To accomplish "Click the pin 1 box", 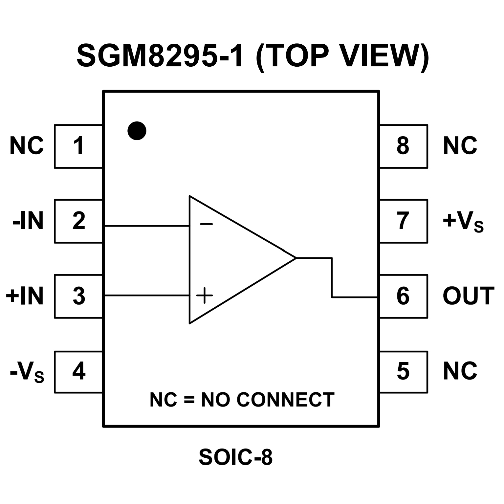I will point(78,146).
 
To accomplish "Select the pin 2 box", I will point(78,221).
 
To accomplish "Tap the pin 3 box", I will point(78,296).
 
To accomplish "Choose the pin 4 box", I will point(78,372).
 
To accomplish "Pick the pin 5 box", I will point(404,372).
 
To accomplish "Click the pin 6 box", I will point(404,296).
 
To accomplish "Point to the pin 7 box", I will point(404,221).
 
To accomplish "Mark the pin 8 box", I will point(404,146).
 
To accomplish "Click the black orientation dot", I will point(137,131).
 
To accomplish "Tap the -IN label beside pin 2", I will point(28,221).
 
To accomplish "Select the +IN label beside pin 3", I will point(25,296).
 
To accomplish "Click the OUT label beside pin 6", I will point(468,296).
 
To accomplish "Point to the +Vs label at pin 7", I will point(463,222).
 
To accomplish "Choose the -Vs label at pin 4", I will point(27,373).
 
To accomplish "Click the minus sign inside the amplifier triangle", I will point(206,224).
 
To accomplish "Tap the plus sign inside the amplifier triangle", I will point(205,295).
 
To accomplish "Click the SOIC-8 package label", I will point(235,457).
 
